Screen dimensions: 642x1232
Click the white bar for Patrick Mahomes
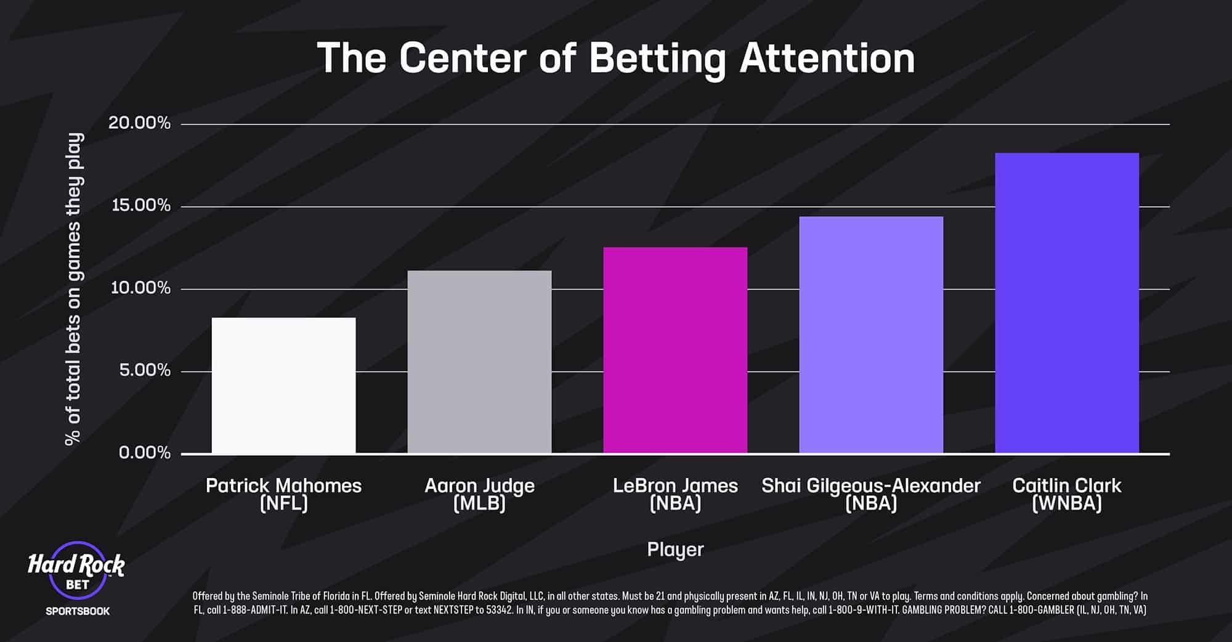click(x=283, y=386)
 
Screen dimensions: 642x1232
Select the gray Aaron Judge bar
click(x=479, y=362)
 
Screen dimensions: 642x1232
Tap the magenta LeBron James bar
click(x=675, y=351)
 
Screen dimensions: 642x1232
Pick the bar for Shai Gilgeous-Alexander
click(x=871, y=335)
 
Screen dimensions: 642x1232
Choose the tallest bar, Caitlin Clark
click(x=1067, y=303)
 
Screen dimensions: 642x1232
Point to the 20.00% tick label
click(x=140, y=123)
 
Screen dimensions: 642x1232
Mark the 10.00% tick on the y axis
click(x=140, y=288)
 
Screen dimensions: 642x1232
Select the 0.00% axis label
click(x=145, y=453)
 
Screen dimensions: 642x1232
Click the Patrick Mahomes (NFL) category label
click(x=283, y=494)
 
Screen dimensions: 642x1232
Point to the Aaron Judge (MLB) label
click(x=479, y=494)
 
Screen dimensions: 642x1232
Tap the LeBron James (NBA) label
click(x=675, y=494)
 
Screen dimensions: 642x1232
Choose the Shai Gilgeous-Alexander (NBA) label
click(x=871, y=494)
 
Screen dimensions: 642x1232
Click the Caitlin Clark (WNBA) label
click(x=1067, y=494)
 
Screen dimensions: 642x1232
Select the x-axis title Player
click(x=675, y=549)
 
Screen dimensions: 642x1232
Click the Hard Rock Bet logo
click(x=76, y=570)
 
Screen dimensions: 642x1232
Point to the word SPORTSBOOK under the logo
click(x=78, y=611)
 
